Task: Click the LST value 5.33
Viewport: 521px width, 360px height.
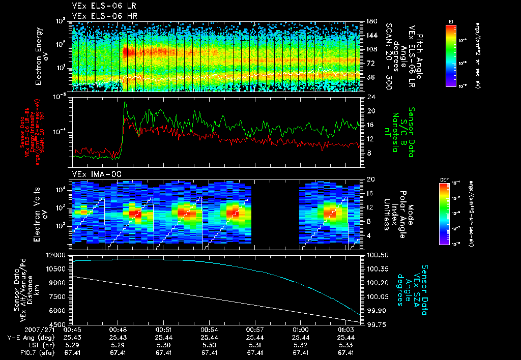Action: click(346, 344)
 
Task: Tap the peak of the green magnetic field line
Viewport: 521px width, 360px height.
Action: click(125, 102)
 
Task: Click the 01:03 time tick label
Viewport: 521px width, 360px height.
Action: click(346, 330)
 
